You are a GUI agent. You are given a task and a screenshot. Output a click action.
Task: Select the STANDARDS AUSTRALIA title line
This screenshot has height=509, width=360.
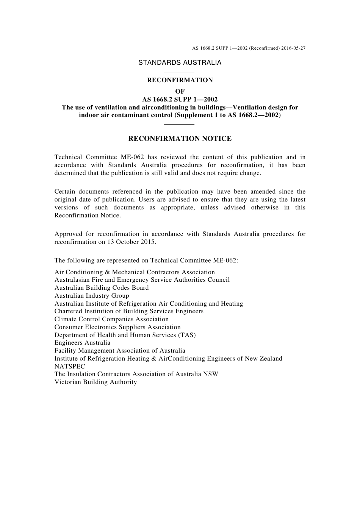tap(180, 63)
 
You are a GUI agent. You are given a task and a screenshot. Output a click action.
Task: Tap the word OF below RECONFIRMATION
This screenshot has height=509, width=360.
tap(180, 91)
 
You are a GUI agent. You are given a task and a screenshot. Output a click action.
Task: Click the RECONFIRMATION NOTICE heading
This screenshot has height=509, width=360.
tap(180, 139)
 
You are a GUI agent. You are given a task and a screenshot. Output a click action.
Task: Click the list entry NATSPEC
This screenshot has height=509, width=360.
tap(70, 366)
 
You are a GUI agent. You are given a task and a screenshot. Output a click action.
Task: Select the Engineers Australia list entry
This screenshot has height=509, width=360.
tap(82, 343)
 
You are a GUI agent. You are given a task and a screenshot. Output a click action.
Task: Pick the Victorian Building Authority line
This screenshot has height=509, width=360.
tap(95, 382)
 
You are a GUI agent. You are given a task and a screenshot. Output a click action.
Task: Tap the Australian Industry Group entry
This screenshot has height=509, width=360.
tap(92, 296)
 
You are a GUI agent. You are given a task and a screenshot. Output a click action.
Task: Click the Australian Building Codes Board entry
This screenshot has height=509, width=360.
tap(102, 288)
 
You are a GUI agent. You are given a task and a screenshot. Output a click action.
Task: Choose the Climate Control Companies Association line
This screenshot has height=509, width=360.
tap(111, 319)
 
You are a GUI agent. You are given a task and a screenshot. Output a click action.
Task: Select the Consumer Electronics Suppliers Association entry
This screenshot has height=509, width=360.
tap(117, 327)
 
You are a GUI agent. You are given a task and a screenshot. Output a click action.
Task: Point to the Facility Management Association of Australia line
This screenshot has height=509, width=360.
tap(120, 351)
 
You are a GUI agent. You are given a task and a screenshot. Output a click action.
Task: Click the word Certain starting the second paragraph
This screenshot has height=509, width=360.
tap(65, 192)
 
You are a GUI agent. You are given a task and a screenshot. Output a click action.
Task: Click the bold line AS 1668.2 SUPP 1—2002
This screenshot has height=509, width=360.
tap(180, 100)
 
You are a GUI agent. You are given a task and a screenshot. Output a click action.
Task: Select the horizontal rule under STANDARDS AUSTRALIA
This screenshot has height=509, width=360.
tap(180, 72)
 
